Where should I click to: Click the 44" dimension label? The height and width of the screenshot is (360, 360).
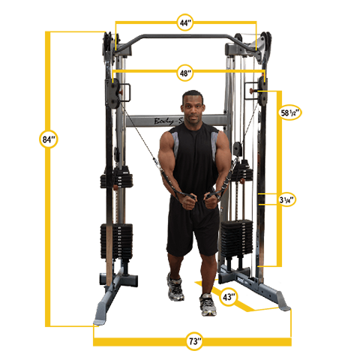185,23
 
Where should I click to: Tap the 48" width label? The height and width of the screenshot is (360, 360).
185,73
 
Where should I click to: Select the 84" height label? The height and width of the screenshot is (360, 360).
49,139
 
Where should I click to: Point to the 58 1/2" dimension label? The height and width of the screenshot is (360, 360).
290,112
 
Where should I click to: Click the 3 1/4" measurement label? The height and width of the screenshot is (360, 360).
286,200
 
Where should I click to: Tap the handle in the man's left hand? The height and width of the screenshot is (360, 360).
213,196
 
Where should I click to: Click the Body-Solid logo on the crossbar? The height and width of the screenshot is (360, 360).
166,121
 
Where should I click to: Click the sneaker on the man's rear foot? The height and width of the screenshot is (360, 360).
176,287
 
